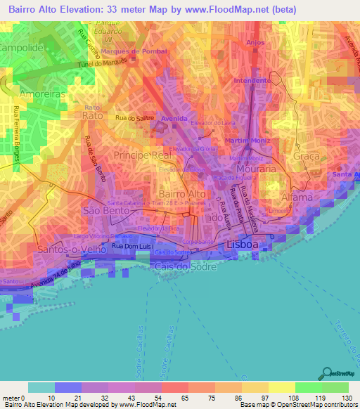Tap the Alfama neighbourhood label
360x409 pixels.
(x=295, y=198)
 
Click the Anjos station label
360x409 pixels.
(x=255, y=42)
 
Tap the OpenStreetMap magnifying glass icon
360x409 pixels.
(x=326, y=372)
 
